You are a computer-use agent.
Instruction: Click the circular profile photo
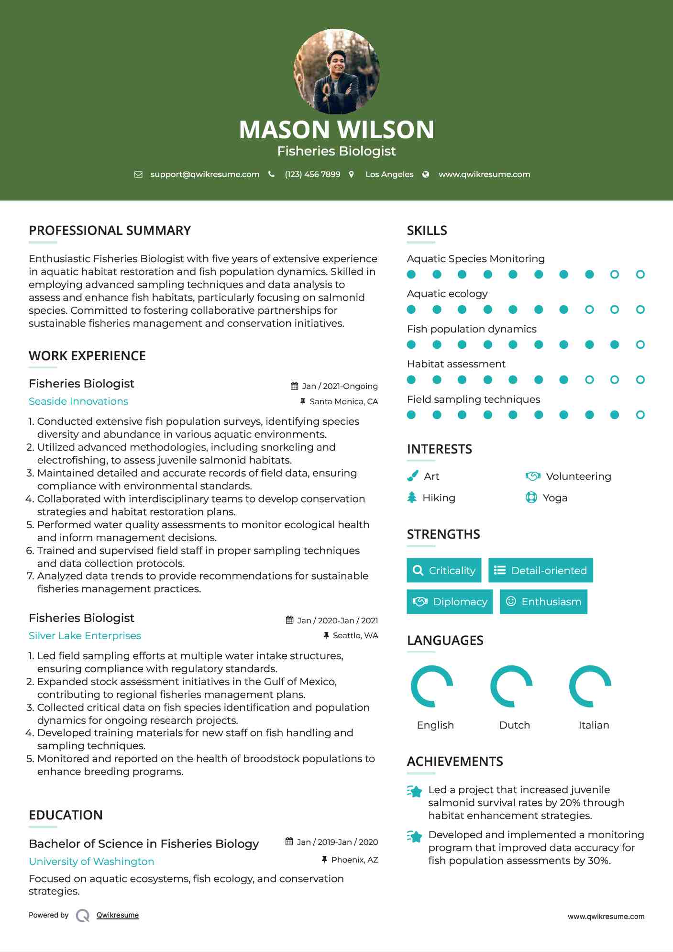tap(336, 71)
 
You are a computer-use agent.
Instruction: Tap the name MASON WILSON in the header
tap(336, 130)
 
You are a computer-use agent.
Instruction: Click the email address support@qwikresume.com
tap(205, 175)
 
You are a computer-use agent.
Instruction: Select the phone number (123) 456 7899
tap(312, 175)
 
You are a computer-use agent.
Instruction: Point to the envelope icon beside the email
tap(138, 175)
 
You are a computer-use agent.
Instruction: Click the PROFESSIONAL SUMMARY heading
tap(110, 231)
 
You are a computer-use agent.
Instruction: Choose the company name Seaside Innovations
tap(78, 401)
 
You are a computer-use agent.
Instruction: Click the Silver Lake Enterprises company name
tap(85, 636)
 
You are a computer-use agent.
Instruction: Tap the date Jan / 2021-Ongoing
tap(340, 386)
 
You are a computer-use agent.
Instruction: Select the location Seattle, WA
tap(355, 635)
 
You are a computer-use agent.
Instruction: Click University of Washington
tap(91, 862)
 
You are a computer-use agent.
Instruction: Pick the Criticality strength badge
tap(444, 570)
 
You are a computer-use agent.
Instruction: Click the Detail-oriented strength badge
tap(541, 570)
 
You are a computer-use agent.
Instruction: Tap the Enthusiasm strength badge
tap(543, 601)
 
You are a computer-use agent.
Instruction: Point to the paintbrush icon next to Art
tap(412, 476)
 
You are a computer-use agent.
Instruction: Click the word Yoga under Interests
tap(555, 498)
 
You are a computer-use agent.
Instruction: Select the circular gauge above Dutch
tap(511, 686)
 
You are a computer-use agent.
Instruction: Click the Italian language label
tap(594, 725)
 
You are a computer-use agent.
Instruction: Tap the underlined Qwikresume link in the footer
tap(117, 915)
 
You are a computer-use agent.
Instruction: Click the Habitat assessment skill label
tap(456, 364)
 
